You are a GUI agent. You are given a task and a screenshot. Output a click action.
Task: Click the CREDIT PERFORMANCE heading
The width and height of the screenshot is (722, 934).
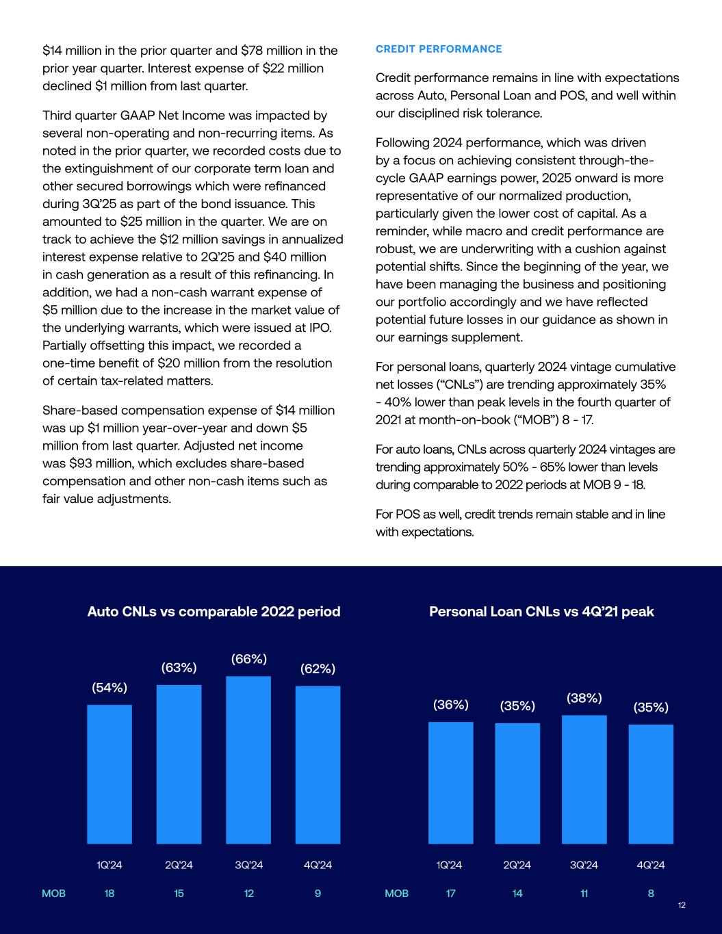[439, 49]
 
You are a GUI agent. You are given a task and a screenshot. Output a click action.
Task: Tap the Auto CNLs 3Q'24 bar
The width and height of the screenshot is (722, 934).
[248, 760]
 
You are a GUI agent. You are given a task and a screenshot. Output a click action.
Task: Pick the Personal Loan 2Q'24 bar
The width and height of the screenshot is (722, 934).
[517, 783]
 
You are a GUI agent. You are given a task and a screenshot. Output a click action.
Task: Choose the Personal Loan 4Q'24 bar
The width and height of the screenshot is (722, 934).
[651, 783]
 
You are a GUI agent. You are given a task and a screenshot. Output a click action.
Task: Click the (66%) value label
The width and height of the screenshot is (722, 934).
[249, 659]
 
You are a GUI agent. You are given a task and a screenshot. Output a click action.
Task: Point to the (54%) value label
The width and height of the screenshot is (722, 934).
[109, 688]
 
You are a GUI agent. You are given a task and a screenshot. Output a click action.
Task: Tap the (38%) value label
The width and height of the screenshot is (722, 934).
[584, 698]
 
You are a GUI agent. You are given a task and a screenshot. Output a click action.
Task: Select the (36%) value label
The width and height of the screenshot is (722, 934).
[451, 705]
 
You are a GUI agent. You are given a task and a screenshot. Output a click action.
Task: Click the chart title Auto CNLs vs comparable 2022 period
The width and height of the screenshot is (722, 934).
[214, 612]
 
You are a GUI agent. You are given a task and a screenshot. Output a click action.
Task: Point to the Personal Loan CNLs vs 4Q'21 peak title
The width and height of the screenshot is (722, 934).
[541, 612]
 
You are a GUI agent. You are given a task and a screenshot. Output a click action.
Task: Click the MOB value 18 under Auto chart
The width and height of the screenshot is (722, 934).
[109, 894]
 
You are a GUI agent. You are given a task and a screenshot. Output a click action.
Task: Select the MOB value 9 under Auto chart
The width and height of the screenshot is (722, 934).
[318, 894]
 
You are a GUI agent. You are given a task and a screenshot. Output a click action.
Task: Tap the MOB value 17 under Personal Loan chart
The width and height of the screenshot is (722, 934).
[451, 894]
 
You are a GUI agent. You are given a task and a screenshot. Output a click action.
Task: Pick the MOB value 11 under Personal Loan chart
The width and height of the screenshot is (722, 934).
[584, 894]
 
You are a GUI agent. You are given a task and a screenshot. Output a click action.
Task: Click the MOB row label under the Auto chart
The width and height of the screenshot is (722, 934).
[54, 894]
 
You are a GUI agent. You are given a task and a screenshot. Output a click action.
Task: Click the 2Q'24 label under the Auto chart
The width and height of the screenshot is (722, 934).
[179, 866]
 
